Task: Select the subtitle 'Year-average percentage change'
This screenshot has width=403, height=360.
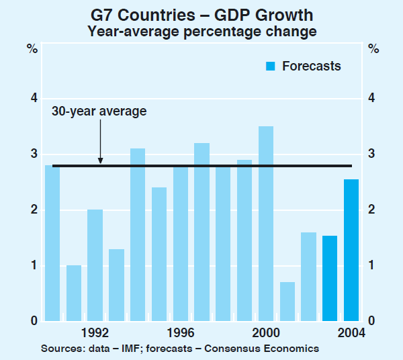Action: (201, 31)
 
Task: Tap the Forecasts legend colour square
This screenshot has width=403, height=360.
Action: (271, 66)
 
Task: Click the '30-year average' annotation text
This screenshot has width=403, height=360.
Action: (99, 111)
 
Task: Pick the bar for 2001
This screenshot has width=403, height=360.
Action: (287, 302)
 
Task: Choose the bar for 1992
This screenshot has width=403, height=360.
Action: (95, 265)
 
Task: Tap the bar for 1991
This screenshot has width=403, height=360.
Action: (73, 293)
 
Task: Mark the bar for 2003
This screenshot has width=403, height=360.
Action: (330, 278)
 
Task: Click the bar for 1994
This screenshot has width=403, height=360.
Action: (138, 234)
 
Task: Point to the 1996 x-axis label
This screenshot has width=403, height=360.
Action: (181, 332)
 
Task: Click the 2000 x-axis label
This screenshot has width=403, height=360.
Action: (266, 332)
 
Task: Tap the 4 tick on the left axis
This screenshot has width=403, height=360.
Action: (32, 99)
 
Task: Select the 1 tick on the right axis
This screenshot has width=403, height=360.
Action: (371, 266)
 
